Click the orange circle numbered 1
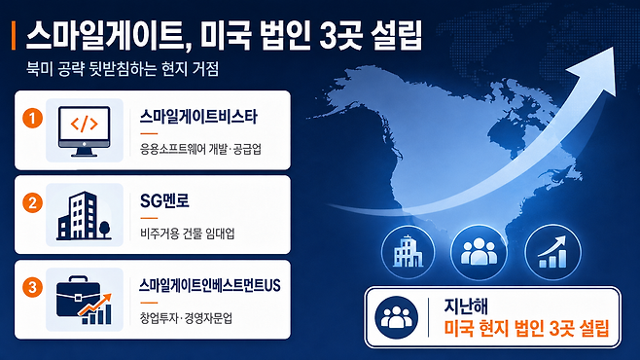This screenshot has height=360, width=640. [x=33, y=119]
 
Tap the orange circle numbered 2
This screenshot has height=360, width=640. [x=33, y=202]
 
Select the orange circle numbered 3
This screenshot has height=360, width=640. [x=33, y=287]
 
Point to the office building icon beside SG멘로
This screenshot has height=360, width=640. [x=84, y=215]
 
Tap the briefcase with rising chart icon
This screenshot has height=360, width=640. [x=84, y=300]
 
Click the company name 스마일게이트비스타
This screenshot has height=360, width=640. [x=198, y=117]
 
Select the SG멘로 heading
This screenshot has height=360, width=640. [x=164, y=200]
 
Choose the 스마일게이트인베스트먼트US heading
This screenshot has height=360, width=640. [x=210, y=285]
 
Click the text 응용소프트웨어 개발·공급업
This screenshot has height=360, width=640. [x=200, y=149]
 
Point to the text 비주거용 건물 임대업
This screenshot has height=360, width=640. [x=188, y=234]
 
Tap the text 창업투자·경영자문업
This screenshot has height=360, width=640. [x=186, y=317]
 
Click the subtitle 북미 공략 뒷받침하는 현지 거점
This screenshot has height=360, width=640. [x=123, y=68]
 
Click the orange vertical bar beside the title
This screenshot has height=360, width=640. [x=14, y=35]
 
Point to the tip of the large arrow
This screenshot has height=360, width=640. [x=614, y=47]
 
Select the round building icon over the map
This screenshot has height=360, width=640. [x=408, y=252]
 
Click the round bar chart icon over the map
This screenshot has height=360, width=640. [x=552, y=252]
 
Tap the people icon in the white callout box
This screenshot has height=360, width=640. [x=396, y=317]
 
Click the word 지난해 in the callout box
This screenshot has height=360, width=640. [x=466, y=306]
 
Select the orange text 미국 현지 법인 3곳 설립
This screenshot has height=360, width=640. [x=526, y=329]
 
